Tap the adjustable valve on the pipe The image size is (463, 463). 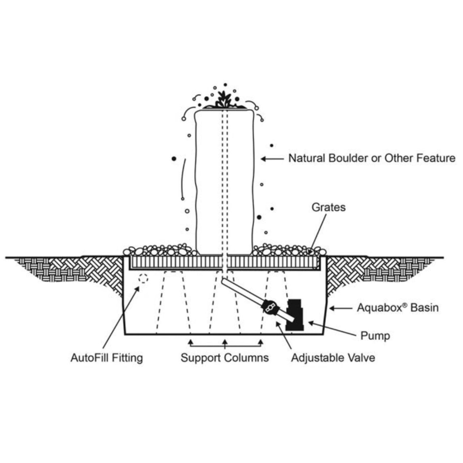[269, 307]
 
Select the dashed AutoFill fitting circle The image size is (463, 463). [143, 278]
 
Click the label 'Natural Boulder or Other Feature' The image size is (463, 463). [372, 158]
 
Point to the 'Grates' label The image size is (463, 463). [328, 207]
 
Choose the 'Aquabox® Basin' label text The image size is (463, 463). [398, 308]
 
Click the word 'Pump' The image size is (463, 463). [375, 336]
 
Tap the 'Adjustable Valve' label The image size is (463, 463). [333, 358]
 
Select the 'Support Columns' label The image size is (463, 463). [225, 358]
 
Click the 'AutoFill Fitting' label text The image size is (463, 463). [107, 358]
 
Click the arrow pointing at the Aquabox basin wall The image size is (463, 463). [340, 308]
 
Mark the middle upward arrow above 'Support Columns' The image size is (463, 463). [225, 344]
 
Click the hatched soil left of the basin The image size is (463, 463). [72, 269]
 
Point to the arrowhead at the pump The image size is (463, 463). [310, 322]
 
